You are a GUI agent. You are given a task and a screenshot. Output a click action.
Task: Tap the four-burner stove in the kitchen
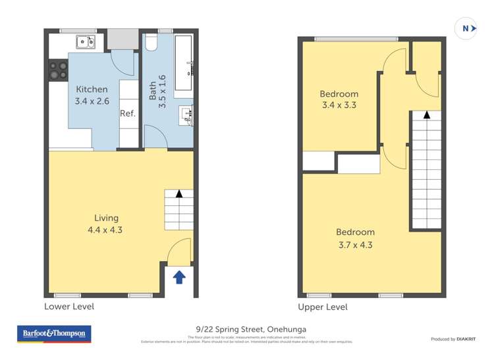58,70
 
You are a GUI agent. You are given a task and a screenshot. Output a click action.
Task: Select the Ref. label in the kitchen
127,113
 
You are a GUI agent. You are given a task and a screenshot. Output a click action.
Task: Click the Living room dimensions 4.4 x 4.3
105,230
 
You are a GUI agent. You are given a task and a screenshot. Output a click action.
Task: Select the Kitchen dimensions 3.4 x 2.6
92,101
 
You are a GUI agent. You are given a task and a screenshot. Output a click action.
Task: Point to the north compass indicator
466,28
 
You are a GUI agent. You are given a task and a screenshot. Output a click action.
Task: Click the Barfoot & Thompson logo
54,334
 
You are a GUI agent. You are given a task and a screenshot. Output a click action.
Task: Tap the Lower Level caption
69,307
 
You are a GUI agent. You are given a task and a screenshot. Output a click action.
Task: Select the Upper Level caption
323,307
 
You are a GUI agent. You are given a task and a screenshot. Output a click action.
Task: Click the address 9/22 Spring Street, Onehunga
247,329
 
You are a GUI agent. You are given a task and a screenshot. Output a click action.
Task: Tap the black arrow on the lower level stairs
178,194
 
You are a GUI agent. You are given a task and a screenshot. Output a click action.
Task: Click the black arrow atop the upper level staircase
427,115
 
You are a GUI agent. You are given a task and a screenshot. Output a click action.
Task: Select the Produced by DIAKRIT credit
454,339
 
